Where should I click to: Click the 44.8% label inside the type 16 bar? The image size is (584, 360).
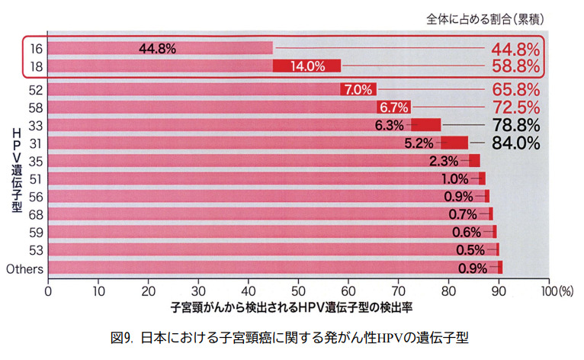click(157, 49)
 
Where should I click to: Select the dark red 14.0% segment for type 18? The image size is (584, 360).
click(306, 66)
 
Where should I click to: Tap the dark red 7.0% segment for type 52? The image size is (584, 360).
click(358, 89)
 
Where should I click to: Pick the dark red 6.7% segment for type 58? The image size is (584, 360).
click(394, 107)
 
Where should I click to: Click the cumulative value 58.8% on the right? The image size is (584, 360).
click(514, 66)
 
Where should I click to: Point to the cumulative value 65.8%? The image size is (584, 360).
click(514, 89)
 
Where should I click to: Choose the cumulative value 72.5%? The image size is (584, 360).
click(514, 107)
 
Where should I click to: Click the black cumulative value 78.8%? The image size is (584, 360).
click(514, 124)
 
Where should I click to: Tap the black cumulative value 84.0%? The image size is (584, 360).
click(514, 143)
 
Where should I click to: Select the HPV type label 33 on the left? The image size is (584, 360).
click(35, 125)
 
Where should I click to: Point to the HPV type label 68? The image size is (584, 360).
click(35, 214)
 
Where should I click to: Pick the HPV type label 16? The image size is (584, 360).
click(35, 49)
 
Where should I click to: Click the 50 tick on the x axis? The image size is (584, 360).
click(299, 291)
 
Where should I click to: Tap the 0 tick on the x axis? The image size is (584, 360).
click(48, 291)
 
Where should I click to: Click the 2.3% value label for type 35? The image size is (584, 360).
click(444, 161)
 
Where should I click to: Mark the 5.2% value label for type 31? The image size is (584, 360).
click(419, 143)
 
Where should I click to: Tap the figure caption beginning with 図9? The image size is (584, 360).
click(292, 336)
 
